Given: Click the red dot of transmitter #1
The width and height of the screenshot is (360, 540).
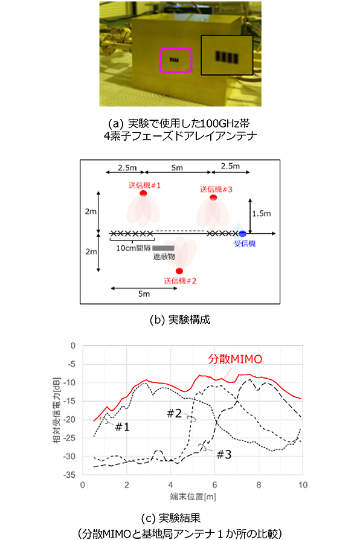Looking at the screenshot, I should [x=144, y=193].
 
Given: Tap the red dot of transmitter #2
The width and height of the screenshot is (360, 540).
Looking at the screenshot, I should [x=179, y=271].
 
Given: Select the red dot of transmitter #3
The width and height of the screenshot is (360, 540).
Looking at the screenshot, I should [x=213, y=198].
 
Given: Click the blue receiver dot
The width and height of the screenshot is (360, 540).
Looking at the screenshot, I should [x=242, y=233].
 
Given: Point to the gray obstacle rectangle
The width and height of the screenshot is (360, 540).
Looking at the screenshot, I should [x=164, y=248].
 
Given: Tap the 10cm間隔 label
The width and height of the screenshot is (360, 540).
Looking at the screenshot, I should [x=134, y=247].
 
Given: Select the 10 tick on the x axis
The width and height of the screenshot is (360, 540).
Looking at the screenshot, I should [x=303, y=485].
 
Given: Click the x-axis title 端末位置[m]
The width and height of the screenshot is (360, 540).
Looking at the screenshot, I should [x=192, y=497].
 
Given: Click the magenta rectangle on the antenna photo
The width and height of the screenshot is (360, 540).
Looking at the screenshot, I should [x=175, y=60].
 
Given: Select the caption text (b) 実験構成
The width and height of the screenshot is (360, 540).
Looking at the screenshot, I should [x=180, y=320].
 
